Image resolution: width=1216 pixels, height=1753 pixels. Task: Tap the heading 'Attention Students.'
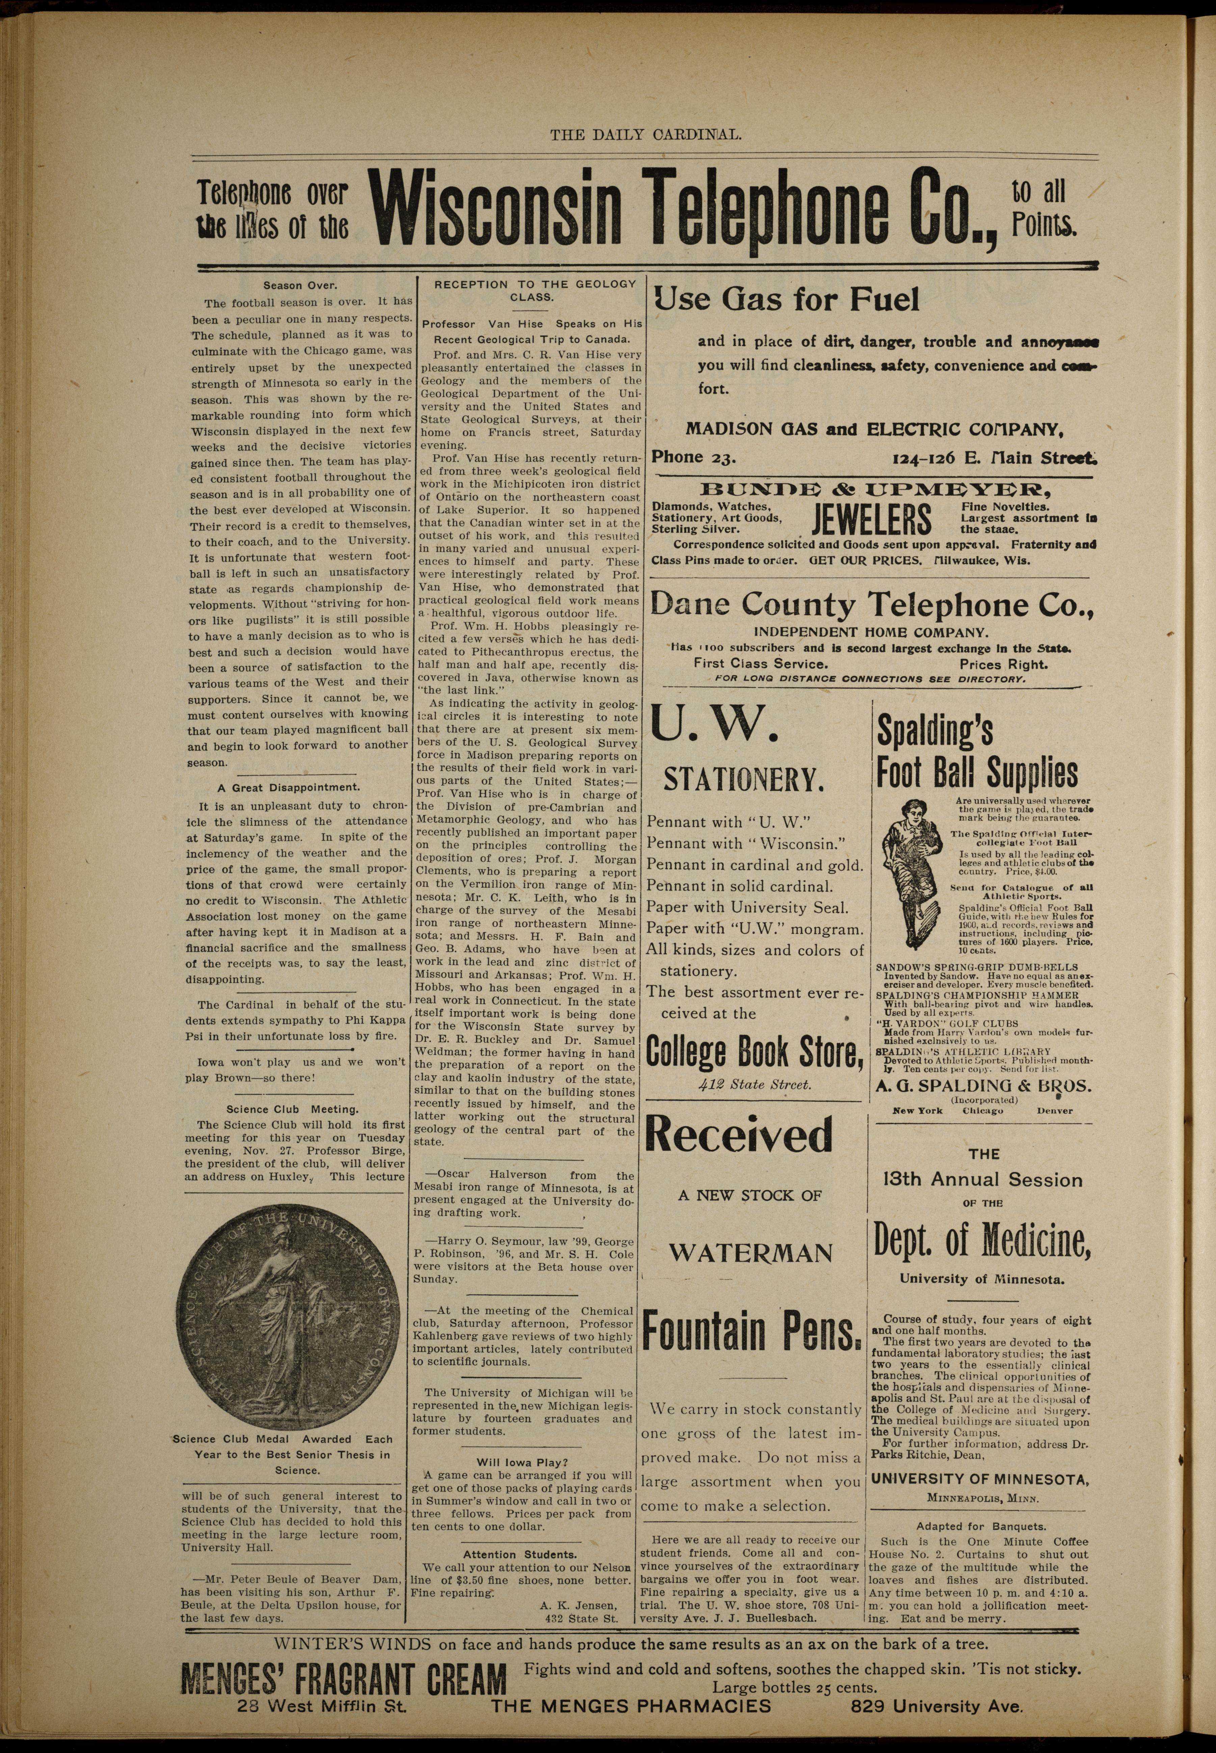520,1554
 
